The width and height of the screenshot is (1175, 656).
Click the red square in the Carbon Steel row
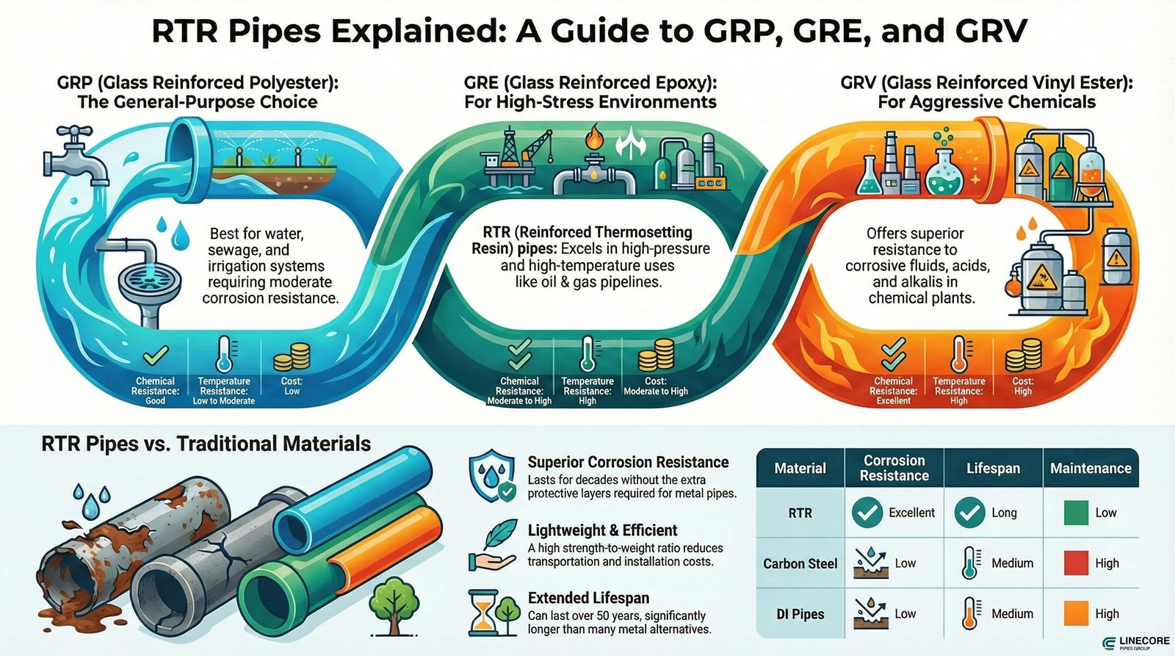1076,563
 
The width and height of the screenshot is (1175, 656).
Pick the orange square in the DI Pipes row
1076,613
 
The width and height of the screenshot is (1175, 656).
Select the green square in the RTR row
1076,513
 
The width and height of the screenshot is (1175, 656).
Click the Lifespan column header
993,469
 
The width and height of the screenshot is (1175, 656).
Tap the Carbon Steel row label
800,563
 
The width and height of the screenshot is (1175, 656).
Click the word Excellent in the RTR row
911,513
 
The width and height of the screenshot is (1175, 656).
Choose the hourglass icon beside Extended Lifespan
484,614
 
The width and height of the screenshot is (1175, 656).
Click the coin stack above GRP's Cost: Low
292,358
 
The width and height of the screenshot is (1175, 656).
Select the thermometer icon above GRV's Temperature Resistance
959,356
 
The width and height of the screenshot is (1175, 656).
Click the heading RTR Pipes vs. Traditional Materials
206,444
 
